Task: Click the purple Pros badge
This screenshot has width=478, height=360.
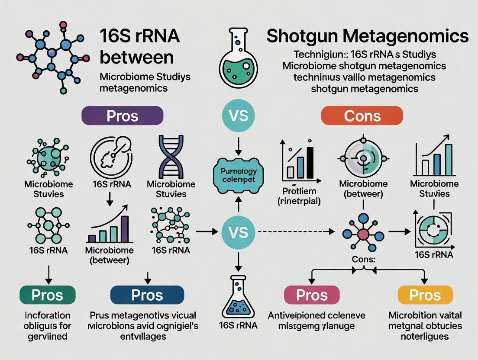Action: (122, 116)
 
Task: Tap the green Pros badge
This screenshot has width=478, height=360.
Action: (47, 295)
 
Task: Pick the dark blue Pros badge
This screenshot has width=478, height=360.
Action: (147, 295)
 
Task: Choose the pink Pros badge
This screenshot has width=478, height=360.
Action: (312, 295)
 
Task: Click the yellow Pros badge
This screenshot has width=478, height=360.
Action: (425, 295)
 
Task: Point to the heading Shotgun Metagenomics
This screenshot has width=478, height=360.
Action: (367, 36)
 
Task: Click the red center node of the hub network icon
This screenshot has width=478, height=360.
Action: (363, 234)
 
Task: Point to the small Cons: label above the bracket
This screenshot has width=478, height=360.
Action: (363, 258)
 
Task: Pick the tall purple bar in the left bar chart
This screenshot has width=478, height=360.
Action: (125, 228)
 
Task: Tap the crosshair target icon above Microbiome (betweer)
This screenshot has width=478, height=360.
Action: (362, 156)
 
